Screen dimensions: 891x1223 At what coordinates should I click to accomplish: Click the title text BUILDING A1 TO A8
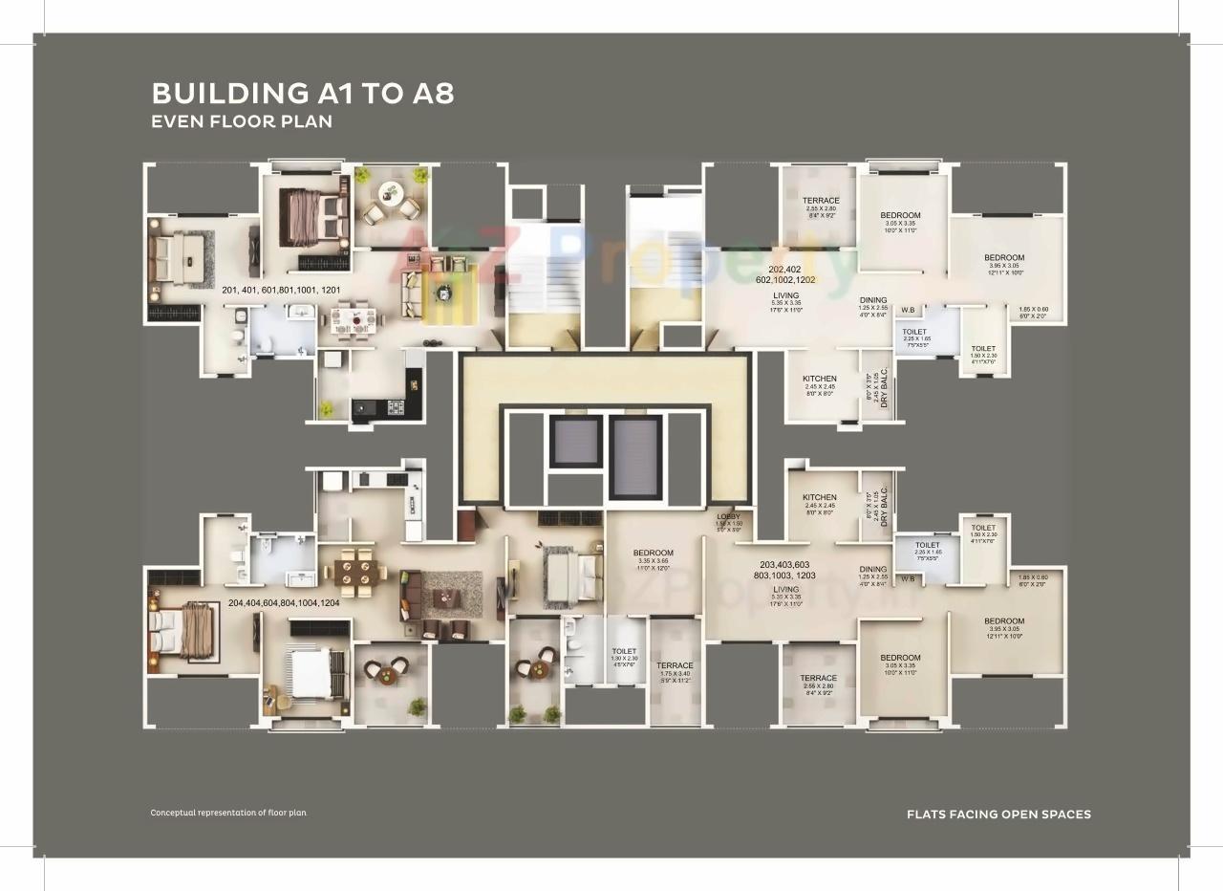click(x=303, y=94)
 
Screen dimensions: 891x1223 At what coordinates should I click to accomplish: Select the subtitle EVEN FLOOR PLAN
click(x=242, y=122)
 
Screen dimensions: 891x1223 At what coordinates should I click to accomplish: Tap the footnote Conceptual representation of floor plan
click(x=228, y=813)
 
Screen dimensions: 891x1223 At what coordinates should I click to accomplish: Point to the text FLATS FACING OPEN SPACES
click(x=998, y=815)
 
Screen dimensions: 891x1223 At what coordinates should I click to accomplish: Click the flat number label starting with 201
click(x=281, y=290)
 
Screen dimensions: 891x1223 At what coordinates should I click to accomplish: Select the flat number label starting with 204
click(x=284, y=603)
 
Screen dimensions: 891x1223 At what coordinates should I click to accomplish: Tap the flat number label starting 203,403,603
click(x=787, y=564)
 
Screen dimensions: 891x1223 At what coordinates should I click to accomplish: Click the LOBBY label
click(x=728, y=517)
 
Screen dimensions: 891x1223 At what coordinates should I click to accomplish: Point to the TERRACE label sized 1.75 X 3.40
click(x=675, y=665)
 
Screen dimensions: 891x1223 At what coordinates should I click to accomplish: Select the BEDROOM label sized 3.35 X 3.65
click(x=654, y=553)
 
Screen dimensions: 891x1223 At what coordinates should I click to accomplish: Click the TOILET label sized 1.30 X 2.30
click(x=624, y=651)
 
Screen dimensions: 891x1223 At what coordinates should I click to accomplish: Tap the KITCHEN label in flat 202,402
click(x=819, y=379)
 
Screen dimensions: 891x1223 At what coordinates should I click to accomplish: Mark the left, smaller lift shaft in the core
click(x=576, y=443)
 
